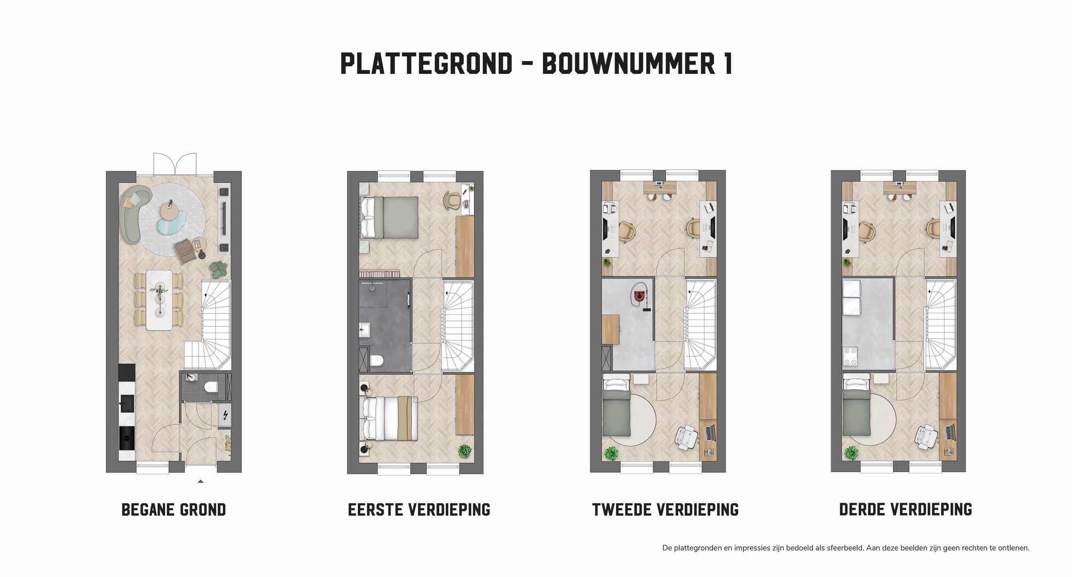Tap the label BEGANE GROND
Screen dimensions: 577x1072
[x=174, y=510]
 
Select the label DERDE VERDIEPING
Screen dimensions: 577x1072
[x=905, y=510]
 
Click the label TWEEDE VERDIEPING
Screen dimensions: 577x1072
[x=665, y=510]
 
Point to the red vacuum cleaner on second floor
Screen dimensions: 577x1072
[x=639, y=297]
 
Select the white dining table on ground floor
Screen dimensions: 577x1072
[x=159, y=300]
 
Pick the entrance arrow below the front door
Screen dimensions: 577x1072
[x=201, y=481]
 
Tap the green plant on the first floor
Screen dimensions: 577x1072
[x=465, y=451]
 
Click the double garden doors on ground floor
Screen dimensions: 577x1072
[x=175, y=163]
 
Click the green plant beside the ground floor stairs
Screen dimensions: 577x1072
[x=218, y=269]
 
